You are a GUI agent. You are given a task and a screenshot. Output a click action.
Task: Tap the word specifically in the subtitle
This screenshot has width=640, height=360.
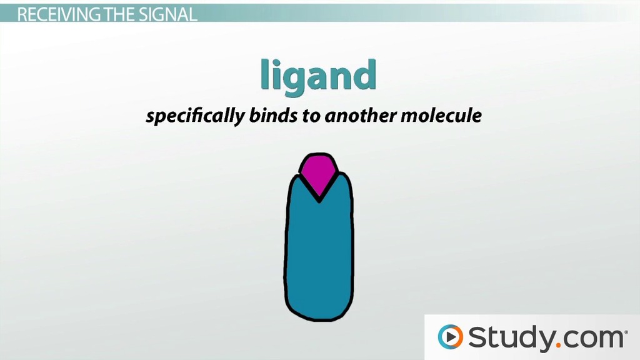195,116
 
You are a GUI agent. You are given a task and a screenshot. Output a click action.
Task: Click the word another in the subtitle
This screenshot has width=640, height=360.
360,115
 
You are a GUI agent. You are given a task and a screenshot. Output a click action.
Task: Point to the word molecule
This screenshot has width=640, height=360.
441,115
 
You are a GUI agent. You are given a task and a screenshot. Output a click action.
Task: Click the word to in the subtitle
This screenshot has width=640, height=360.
311,116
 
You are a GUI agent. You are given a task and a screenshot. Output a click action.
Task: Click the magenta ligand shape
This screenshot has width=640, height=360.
319,171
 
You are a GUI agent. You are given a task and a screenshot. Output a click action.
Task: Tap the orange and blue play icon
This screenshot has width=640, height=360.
450,337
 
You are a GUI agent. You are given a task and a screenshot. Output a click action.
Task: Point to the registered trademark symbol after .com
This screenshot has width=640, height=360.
626,332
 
